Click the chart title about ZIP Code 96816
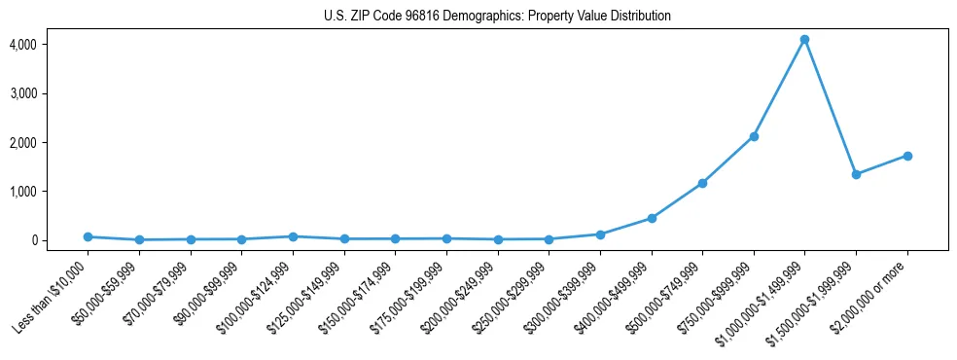497,17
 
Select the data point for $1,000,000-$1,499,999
804,40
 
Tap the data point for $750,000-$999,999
754,136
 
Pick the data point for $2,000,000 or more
907,156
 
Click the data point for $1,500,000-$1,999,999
856,174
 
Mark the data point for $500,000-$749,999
702,183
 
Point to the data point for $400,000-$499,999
652,218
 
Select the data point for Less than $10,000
88,236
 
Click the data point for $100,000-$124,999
293,236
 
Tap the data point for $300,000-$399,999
600,234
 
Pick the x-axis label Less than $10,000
53,295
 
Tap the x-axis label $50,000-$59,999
104,296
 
